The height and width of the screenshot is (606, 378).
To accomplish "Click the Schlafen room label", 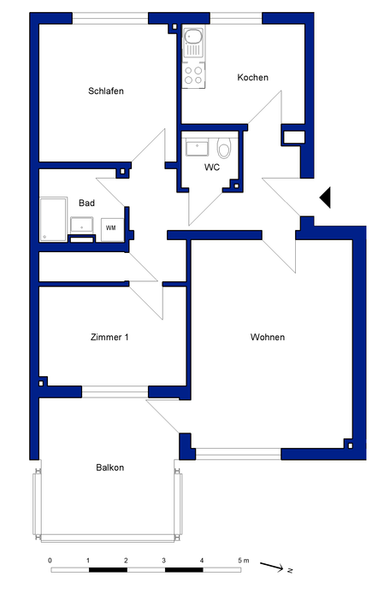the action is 106,91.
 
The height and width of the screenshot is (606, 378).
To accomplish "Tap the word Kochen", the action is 253,77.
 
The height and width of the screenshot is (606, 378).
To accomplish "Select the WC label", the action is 212,168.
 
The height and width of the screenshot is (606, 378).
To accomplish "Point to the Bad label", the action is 86,203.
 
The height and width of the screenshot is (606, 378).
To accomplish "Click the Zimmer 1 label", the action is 109,337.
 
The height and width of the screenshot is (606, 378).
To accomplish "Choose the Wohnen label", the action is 268,337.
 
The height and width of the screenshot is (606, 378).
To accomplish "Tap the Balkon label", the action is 109,468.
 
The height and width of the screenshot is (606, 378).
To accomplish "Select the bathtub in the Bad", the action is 53,219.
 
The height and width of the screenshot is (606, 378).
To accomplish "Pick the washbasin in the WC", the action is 197,148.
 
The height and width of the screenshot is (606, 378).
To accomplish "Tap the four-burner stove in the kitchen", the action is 193,75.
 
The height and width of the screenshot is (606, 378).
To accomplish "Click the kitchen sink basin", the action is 192,37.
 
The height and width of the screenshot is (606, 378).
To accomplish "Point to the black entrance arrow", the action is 325,197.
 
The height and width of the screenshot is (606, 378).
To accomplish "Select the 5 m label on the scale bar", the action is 244,561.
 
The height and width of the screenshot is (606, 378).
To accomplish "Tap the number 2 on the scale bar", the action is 126,561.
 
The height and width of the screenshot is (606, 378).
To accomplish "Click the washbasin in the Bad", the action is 81,225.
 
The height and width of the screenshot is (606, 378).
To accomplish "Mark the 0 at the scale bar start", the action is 50,561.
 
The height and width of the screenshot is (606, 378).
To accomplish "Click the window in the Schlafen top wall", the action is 110,18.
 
